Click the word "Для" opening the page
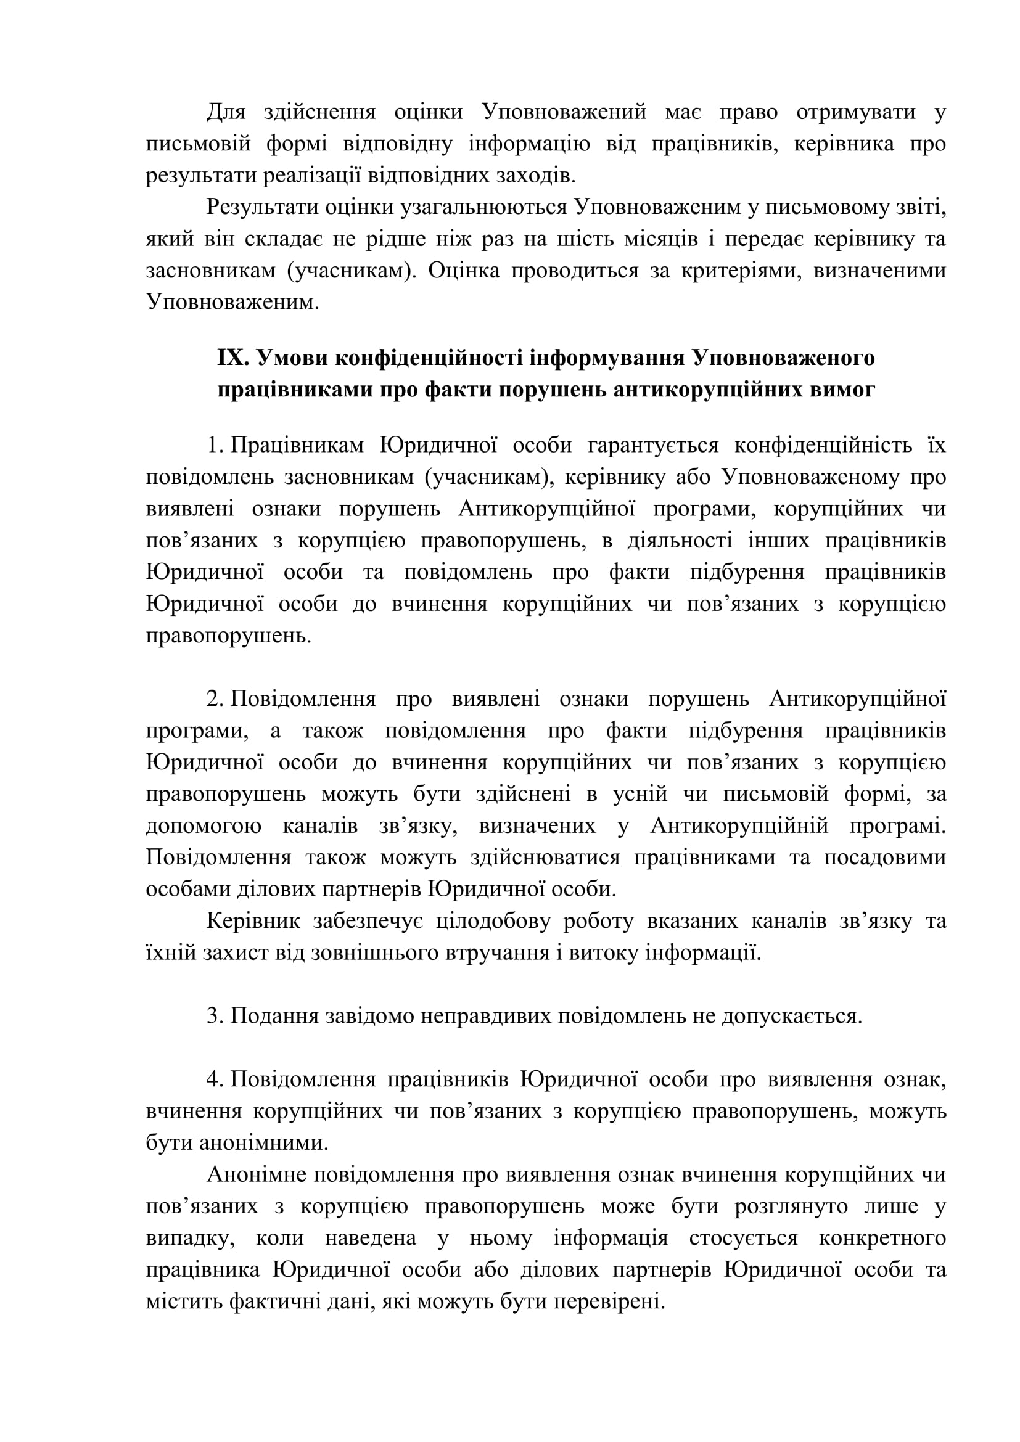(226, 112)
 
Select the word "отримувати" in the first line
(855, 112)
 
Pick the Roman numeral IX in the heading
(234, 358)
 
